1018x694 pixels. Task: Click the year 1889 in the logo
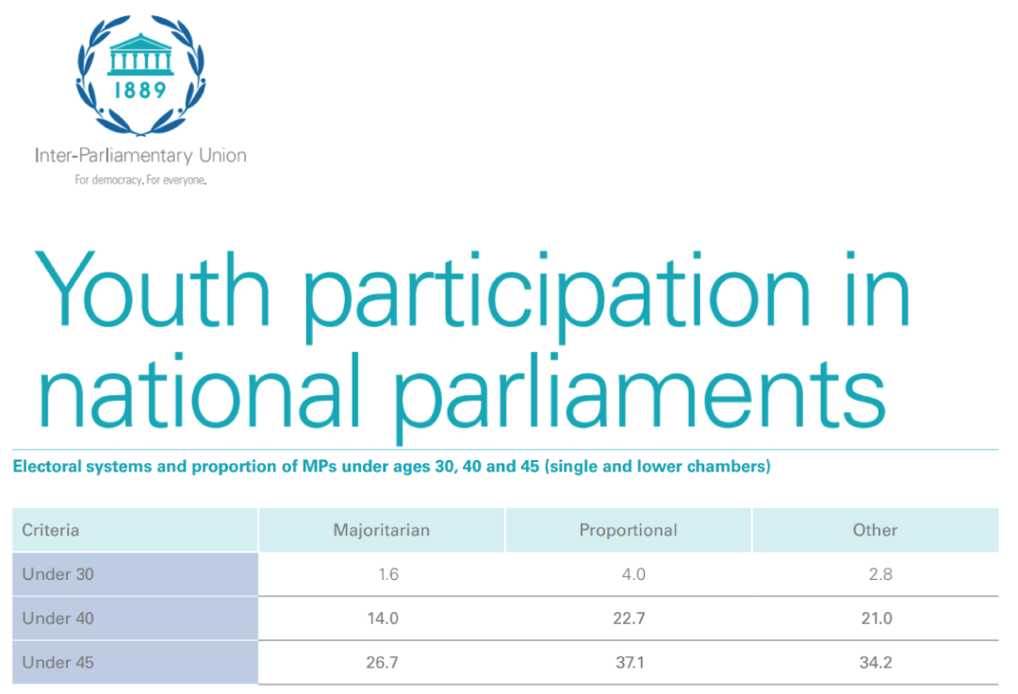click(x=140, y=90)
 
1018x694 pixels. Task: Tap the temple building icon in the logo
click(x=140, y=54)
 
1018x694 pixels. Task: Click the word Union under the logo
click(x=222, y=156)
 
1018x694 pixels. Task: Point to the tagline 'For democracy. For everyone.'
click(x=140, y=180)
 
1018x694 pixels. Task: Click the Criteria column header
click(x=51, y=530)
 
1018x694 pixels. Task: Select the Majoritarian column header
click(x=382, y=530)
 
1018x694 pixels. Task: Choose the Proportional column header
click(x=629, y=530)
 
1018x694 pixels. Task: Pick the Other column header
click(x=875, y=530)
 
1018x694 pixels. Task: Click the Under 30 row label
click(x=57, y=574)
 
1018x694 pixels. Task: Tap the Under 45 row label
click(x=57, y=663)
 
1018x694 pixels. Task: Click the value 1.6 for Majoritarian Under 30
click(x=388, y=574)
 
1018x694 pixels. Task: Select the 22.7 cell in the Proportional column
click(x=629, y=619)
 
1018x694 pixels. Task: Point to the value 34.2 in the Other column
click(x=876, y=663)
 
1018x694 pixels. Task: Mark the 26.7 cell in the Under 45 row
click(x=382, y=663)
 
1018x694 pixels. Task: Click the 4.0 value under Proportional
click(x=633, y=574)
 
